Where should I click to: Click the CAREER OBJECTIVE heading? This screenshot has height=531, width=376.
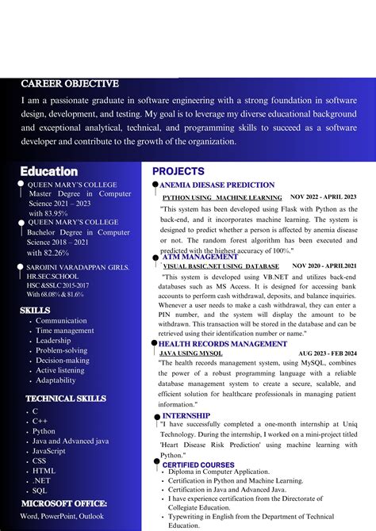click(69, 84)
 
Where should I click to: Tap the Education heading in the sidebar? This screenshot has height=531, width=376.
click(48, 171)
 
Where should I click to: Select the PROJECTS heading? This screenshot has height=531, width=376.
click(178, 171)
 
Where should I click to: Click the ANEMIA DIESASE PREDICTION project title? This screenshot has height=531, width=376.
click(217, 185)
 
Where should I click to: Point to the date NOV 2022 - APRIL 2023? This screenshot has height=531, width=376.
click(323, 197)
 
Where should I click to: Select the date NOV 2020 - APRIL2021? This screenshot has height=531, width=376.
click(324, 266)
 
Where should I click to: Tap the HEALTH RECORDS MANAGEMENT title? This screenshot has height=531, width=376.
click(222, 344)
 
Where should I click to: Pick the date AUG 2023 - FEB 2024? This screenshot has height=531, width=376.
click(328, 353)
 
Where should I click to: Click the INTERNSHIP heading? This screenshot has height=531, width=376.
click(186, 415)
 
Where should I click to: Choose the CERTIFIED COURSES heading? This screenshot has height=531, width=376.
click(198, 465)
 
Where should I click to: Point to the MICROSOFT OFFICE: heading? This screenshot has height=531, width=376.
click(63, 503)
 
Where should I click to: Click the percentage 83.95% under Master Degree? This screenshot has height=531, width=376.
click(48, 213)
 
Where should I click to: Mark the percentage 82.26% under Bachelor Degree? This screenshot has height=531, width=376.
click(48, 252)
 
